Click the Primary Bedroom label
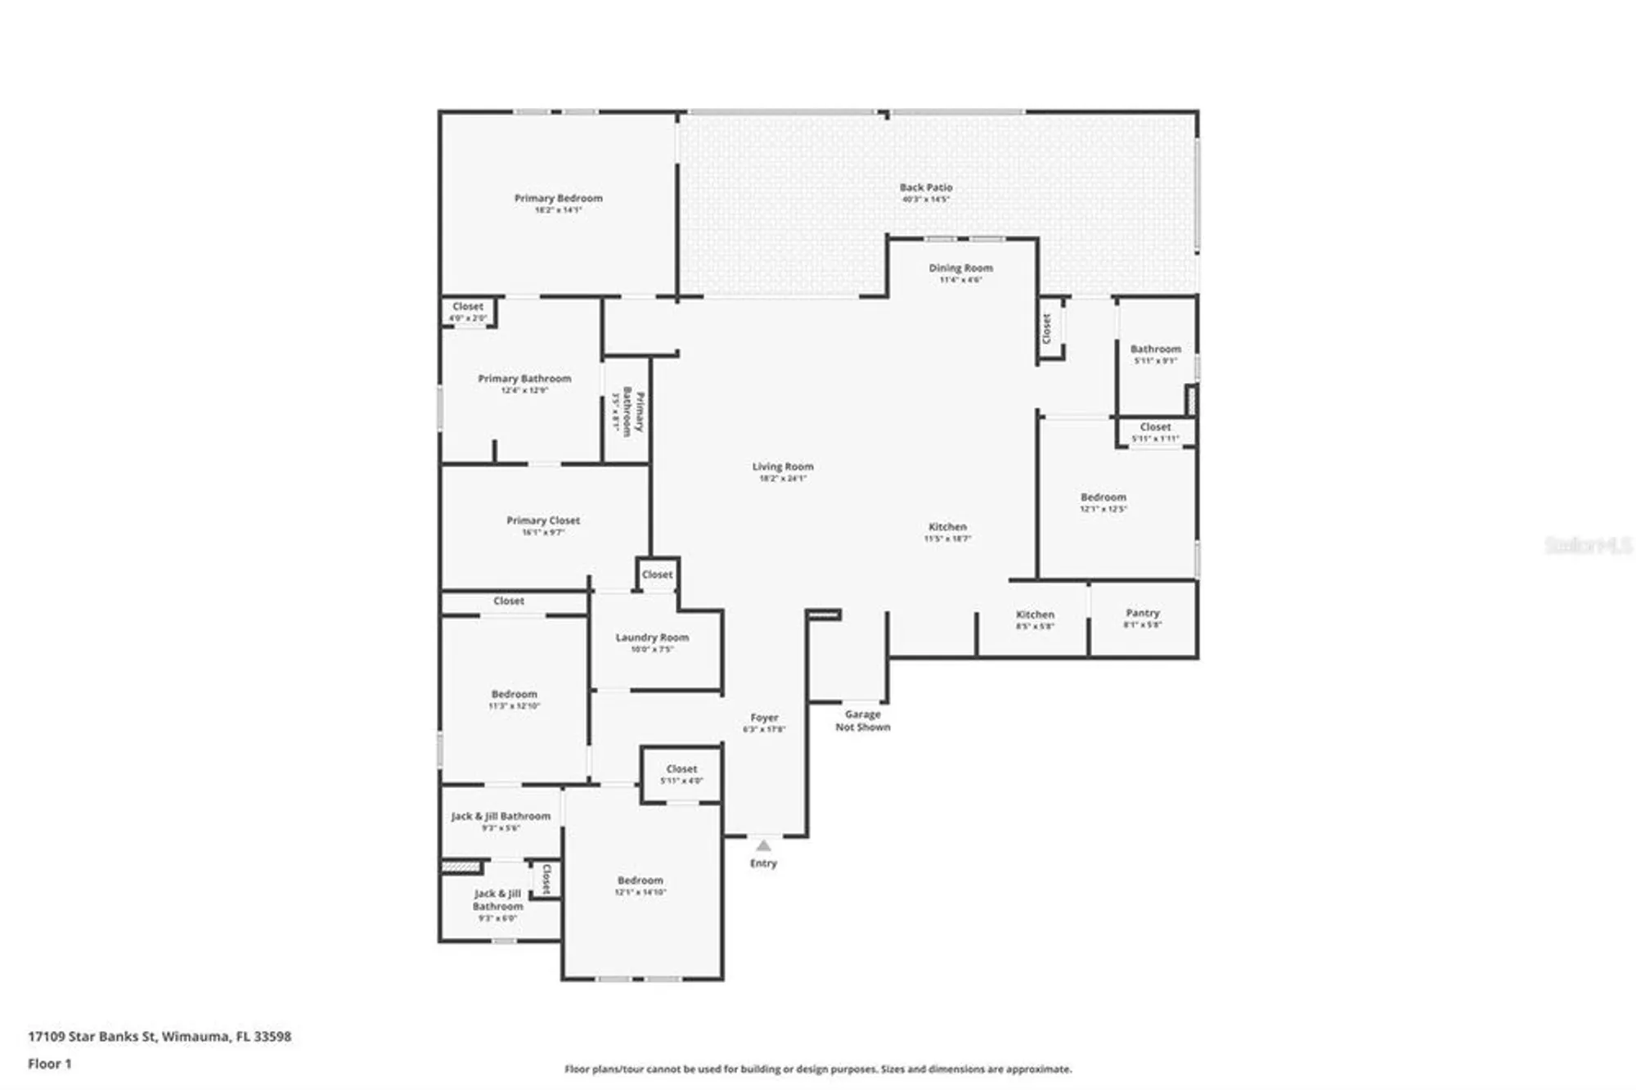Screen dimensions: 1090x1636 (558, 199)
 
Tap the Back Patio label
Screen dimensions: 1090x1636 (926, 188)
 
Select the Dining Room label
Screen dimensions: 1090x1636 (960, 268)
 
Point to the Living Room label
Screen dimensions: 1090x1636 (783, 467)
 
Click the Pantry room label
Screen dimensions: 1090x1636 (1142, 614)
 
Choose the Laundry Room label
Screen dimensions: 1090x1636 (652, 638)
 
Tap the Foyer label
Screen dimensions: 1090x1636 (764, 718)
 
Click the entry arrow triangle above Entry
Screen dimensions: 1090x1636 (763, 845)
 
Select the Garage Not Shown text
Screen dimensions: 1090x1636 (862, 721)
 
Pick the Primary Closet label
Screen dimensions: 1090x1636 (543, 521)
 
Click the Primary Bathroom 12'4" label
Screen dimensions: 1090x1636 (524, 380)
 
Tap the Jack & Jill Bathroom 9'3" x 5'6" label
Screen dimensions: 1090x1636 (501, 817)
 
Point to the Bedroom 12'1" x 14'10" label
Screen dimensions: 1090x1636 (640, 881)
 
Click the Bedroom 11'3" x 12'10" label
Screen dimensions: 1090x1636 (515, 695)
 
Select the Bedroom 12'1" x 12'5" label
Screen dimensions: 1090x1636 (1103, 498)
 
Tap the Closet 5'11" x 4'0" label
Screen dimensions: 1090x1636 (681, 770)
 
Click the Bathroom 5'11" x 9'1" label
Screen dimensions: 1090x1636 (1155, 349)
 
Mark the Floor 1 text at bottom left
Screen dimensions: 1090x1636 (50, 1064)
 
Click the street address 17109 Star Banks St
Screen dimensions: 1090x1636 (160, 1037)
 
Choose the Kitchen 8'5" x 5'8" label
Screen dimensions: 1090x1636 (1035, 615)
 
